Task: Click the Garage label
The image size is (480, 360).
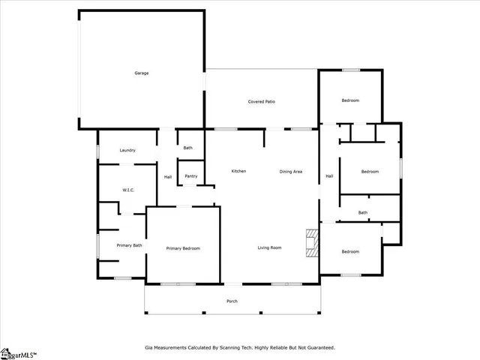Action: [x=142, y=73]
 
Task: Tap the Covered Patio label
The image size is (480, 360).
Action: [x=261, y=101]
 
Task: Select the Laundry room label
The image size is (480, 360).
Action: [x=127, y=150]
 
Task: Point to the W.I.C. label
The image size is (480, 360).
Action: [x=127, y=190]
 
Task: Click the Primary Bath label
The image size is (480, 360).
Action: [x=129, y=245]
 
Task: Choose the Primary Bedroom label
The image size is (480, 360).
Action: [x=183, y=248]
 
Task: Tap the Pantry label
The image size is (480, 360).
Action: [x=191, y=176]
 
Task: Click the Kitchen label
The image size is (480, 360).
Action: [x=238, y=171]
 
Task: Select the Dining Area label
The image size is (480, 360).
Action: [x=291, y=172]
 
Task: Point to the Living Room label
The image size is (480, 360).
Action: [x=269, y=247]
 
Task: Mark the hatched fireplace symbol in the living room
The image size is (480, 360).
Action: [x=310, y=244]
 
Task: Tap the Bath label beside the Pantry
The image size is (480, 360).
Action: [x=187, y=148]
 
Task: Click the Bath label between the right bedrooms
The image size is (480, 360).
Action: [x=363, y=212]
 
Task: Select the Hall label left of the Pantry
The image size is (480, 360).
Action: [x=168, y=176]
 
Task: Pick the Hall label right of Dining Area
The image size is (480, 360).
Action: [x=329, y=176]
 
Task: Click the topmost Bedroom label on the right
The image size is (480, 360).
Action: [x=350, y=100]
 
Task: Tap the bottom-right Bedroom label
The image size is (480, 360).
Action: [x=350, y=251]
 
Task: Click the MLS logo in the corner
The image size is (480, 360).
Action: [x=18, y=353]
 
